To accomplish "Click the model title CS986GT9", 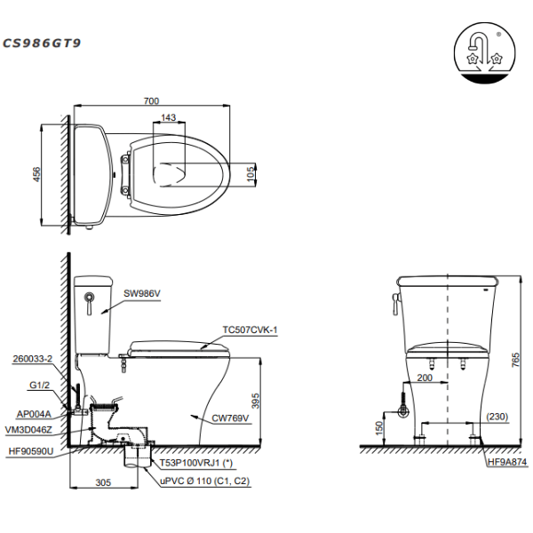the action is click(42, 44).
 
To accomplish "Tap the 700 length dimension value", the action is click(151, 100).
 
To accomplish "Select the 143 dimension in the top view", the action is click(168, 117).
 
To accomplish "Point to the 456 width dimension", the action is click(36, 174).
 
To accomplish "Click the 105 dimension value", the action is click(251, 174).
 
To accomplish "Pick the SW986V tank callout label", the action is click(142, 293).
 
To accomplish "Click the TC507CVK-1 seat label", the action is click(250, 330).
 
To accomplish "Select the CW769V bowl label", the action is click(230, 418).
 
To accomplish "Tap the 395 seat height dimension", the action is click(256, 401).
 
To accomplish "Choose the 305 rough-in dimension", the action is click(103, 482).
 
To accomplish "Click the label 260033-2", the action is click(33, 359).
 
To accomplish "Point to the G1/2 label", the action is click(39, 385).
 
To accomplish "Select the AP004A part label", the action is click(34, 414).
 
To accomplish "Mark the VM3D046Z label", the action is click(28, 430).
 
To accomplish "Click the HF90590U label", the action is click(31, 451).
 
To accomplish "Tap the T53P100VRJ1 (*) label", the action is click(196, 463).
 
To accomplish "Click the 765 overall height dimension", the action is click(515, 360).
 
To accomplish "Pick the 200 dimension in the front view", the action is click(425, 378).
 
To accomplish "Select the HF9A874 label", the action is click(507, 462).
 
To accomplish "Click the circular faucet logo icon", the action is click(484, 52).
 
